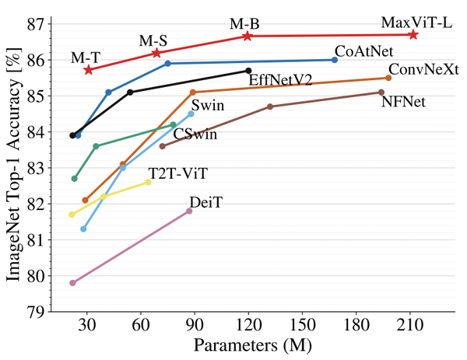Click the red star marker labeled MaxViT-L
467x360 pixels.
[x=413, y=34]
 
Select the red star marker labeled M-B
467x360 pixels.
[x=248, y=36]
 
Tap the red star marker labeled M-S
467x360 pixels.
[x=156, y=53]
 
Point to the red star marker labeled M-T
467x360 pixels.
[x=88, y=70]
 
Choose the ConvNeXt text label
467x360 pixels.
[x=423, y=68]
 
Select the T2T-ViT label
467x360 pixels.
[x=178, y=172]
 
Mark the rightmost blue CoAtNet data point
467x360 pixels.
[x=335, y=60]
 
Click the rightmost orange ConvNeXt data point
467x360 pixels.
[x=388, y=78]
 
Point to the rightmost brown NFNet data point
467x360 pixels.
[x=381, y=93]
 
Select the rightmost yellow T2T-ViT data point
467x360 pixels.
[x=148, y=182]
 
